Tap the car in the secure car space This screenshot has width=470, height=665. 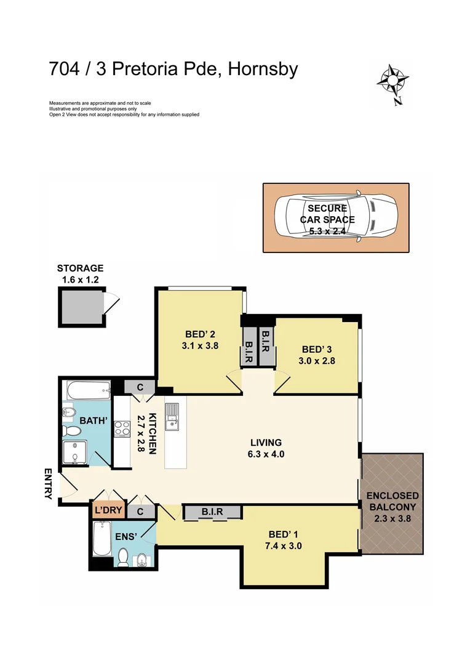pos(336,217)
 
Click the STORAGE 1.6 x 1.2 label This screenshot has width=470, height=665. pos(80,273)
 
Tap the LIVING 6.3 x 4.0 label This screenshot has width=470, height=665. pos(266,448)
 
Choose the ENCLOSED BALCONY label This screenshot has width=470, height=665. pos(392,502)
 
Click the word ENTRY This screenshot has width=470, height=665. pos(49,484)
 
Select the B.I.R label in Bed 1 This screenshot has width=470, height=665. pos(211,511)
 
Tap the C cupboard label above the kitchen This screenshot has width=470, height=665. pos(140,387)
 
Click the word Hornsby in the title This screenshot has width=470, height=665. pos(263,69)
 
